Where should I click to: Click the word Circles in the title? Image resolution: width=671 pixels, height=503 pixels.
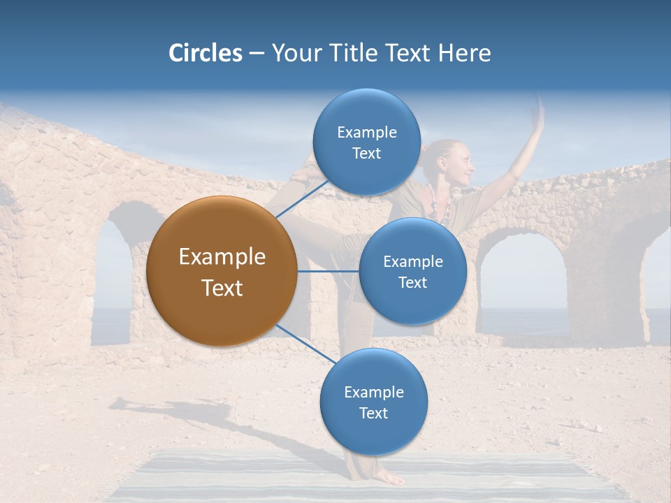(205, 53)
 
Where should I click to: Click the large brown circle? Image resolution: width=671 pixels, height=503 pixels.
(222, 271)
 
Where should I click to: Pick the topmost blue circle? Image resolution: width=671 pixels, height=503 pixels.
(366, 142)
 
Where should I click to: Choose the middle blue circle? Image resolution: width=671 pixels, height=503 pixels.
(412, 271)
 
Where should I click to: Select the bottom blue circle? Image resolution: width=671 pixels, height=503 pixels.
(373, 402)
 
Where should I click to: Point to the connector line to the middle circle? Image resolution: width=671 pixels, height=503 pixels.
(328, 271)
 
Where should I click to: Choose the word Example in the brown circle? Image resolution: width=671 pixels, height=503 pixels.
(222, 257)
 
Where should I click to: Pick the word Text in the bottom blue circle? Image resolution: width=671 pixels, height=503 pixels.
(373, 413)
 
